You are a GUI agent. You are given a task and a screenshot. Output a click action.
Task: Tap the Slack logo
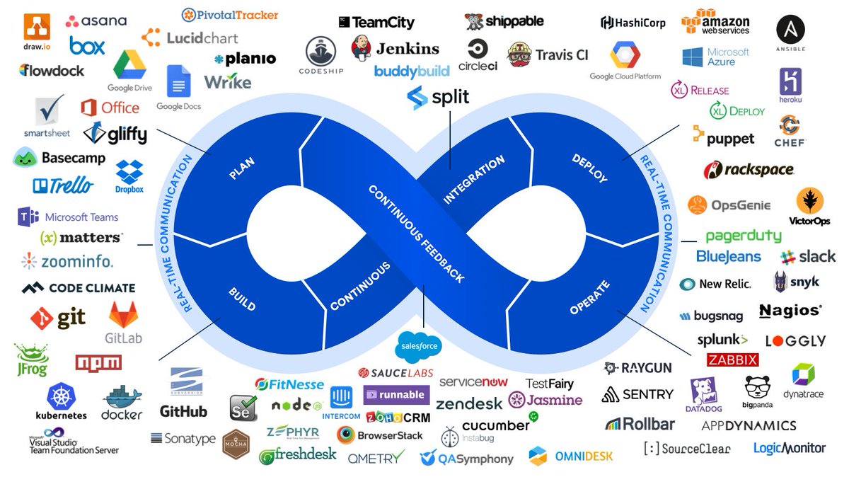click(x=807, y=256)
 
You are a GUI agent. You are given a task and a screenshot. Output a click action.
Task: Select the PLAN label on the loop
click(x=243, y=168)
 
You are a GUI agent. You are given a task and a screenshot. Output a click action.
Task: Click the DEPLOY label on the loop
click(x=589, y=168)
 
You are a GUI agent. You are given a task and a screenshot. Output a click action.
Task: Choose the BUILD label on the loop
click(x=242, y=299)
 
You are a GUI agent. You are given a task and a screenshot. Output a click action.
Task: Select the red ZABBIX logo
click(x=732, y=360)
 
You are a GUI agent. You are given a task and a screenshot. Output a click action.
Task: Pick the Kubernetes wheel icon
click(x=61, y=396)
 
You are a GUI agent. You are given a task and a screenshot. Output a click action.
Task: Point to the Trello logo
click(x=62, y=185)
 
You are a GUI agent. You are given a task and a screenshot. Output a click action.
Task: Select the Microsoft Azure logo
click(x=715, y=57)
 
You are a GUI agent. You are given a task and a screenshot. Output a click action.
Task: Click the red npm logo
click(x=98, y=362)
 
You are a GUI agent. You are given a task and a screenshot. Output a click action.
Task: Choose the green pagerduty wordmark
click(x=743, y=236)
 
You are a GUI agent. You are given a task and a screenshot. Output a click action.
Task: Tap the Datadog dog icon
click(x=704, y=392)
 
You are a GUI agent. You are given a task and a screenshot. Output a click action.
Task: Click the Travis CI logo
click(x=548, y=54)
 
